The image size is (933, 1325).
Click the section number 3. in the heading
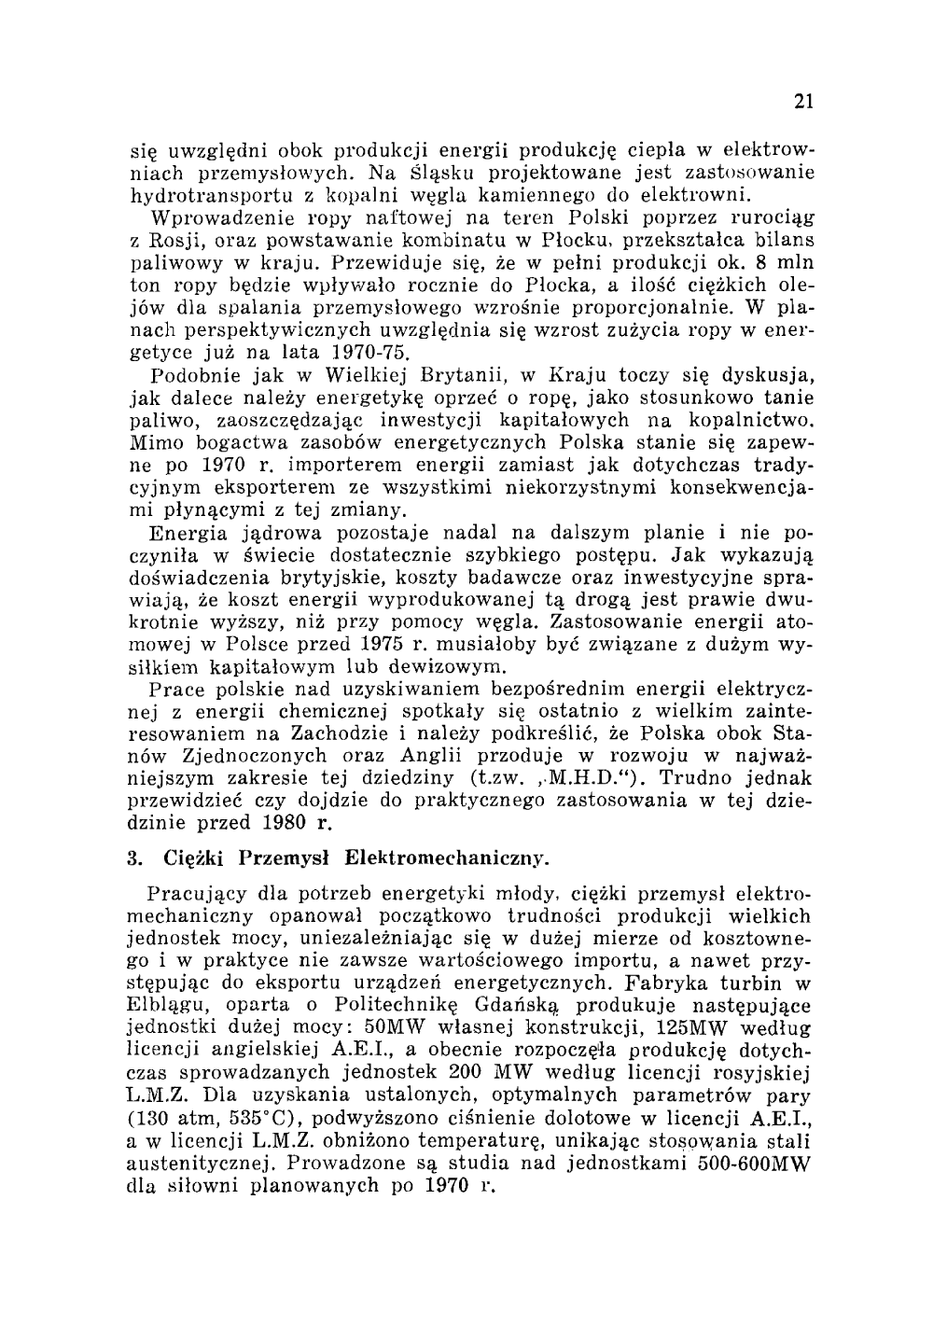point(134,857)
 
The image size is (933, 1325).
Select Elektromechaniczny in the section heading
point(446,857)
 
